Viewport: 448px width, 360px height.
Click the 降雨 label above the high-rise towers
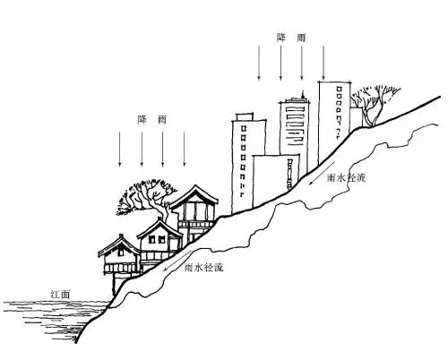[291, 38]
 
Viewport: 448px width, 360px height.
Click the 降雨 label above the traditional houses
[151, 120]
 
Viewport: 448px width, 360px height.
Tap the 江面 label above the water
[61, 295]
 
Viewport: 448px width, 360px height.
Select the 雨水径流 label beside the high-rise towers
[347, 178]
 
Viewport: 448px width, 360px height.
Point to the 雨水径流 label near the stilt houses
[204, 267]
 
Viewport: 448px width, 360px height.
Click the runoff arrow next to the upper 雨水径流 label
[321, 174]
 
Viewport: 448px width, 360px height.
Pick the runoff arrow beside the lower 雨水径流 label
[177, 261]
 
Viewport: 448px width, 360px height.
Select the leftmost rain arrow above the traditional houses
[120, 149]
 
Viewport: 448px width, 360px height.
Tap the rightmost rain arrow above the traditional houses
[184, 149]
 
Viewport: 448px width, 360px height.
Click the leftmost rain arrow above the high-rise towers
[259, 63]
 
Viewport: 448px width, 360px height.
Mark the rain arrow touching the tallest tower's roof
[323, 63]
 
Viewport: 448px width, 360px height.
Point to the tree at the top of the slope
[375, 105]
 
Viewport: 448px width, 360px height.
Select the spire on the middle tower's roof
[303, 95]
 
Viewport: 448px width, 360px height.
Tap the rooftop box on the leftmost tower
[245, 116]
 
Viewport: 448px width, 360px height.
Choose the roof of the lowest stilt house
[119, 245]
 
